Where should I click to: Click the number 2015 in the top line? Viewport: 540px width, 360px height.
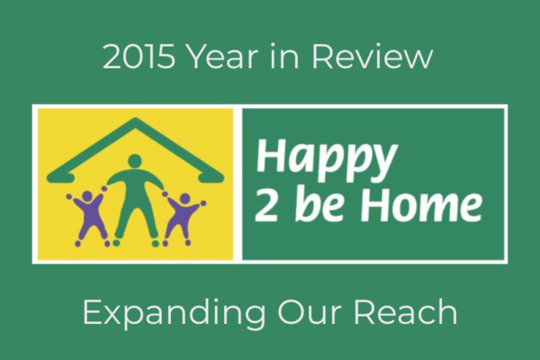139,57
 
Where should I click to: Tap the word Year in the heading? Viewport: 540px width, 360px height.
224,57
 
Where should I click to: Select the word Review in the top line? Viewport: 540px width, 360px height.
373,57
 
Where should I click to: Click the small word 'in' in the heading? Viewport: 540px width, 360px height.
285,57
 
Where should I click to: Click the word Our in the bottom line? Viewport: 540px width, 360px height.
309,312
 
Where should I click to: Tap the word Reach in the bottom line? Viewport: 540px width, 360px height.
406,311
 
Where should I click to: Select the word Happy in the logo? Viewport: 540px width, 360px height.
326,159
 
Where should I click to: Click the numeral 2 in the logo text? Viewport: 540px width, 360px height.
266,206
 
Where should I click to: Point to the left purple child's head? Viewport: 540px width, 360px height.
86,197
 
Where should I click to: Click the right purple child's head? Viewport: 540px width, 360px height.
184,198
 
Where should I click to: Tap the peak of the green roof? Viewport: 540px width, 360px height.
135,121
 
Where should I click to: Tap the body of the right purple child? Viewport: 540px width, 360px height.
181,217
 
